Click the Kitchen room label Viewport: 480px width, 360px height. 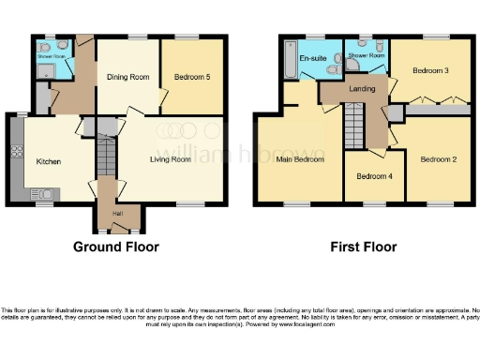[49, 162]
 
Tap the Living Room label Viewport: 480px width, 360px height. [170, 159]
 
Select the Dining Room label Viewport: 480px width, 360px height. [128, 78]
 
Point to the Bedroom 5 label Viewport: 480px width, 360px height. [191, 76]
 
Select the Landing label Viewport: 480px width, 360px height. [362, 89]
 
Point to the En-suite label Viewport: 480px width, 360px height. [311, 59]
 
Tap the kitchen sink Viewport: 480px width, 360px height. [42, 193]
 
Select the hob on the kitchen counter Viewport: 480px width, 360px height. [16, 151]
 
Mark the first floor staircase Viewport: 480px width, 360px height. [354, 122]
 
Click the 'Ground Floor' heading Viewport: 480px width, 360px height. [116, 247]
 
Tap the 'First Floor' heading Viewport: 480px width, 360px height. [363, 247]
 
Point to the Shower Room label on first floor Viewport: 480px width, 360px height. [367, 55]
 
